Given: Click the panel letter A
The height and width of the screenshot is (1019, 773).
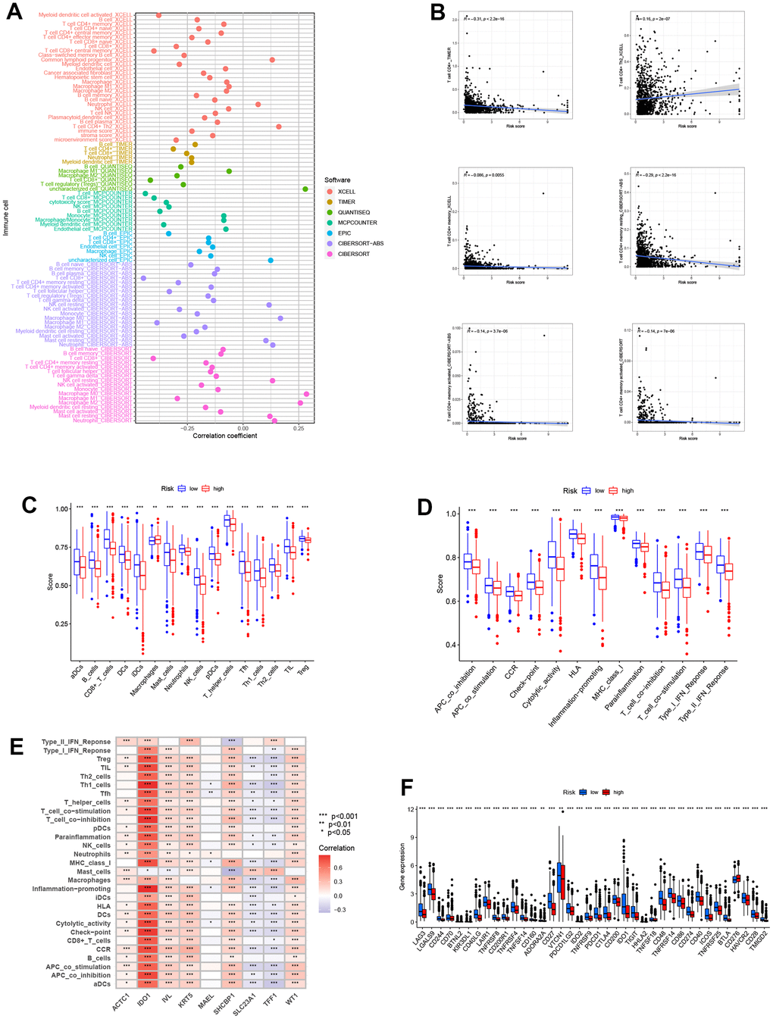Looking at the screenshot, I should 14,14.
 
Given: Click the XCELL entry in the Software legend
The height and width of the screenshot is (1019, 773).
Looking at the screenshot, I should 346,192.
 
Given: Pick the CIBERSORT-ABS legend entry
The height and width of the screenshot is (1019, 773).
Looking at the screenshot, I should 361,243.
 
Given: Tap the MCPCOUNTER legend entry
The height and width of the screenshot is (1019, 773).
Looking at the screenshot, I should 357,223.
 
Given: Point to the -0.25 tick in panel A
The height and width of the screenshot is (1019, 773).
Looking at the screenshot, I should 187,429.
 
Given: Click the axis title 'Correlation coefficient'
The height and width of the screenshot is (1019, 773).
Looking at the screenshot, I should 225,436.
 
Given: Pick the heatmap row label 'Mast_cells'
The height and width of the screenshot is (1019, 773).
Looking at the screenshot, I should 94,871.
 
